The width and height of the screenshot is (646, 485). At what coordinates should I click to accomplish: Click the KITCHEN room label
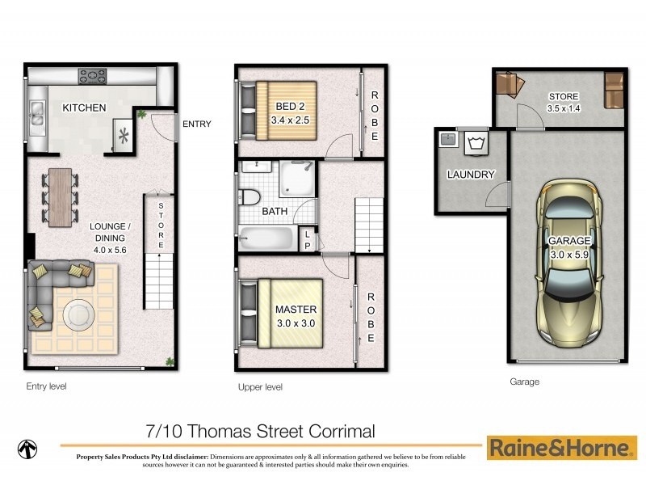tap(84, 108)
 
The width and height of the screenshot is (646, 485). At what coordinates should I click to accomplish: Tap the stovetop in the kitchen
tap(92, 76)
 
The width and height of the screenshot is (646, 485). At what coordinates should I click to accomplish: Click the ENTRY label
tap(197, 124)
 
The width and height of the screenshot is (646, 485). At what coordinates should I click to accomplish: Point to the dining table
tap(60, 194)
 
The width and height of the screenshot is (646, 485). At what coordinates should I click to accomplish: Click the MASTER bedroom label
tap(295, 310)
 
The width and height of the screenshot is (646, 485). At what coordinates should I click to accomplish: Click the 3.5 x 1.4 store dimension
tap(563, 108)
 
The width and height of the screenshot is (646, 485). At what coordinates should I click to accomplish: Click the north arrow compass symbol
tap(28, 448)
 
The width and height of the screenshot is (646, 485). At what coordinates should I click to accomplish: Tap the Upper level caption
tap(260, 387)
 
